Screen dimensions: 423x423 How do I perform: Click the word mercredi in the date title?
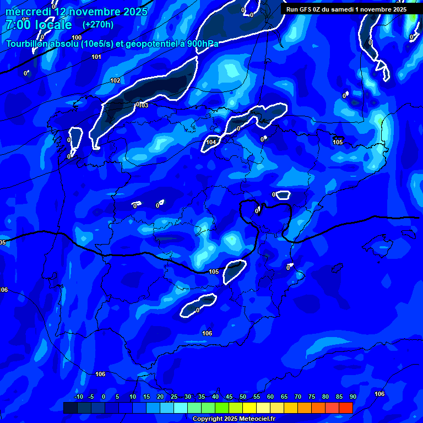tap(28, 12)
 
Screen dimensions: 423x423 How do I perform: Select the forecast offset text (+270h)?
tap(98, 25)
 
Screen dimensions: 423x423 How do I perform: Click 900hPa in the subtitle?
tap(202, 44)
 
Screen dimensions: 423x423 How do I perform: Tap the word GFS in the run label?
tap(305, 9)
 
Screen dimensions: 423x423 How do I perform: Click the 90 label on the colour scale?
tap(352, 397)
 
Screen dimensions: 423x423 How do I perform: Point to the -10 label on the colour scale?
tap(78, 397)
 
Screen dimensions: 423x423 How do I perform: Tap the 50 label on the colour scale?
tap(243, 397)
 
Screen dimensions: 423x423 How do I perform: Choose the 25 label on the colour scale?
tap(174, 397)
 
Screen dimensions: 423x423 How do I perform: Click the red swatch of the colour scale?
tap(346, 408)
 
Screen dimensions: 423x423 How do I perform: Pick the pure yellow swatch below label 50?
tap(250, 408)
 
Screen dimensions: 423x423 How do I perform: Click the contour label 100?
tap(77, 38)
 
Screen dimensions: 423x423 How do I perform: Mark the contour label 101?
tap(96, 57)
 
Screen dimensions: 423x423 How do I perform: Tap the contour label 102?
tap(115, 81)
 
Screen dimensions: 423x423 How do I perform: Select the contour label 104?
tap(211, 142)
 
